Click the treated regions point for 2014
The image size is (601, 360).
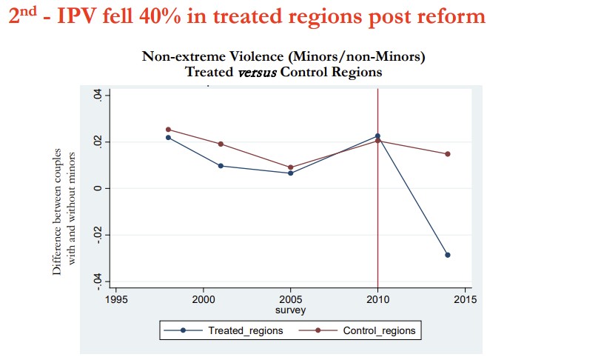448,255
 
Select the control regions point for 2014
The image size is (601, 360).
448,154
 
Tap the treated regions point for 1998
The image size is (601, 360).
168,137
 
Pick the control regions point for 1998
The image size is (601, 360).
168,130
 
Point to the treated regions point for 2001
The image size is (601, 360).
221,166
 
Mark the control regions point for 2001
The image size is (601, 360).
221,144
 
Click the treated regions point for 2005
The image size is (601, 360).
291,173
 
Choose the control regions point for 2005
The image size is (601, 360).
291,167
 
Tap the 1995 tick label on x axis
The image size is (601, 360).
116,299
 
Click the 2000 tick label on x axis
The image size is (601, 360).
204,299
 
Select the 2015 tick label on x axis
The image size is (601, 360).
466,299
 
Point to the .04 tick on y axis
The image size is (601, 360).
98,94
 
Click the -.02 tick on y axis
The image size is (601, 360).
98,234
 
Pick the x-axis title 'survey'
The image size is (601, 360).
291,310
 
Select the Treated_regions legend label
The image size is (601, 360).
245,330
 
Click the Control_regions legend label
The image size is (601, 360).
379,330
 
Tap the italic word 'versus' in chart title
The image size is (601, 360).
257,72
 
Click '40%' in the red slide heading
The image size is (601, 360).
160,16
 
